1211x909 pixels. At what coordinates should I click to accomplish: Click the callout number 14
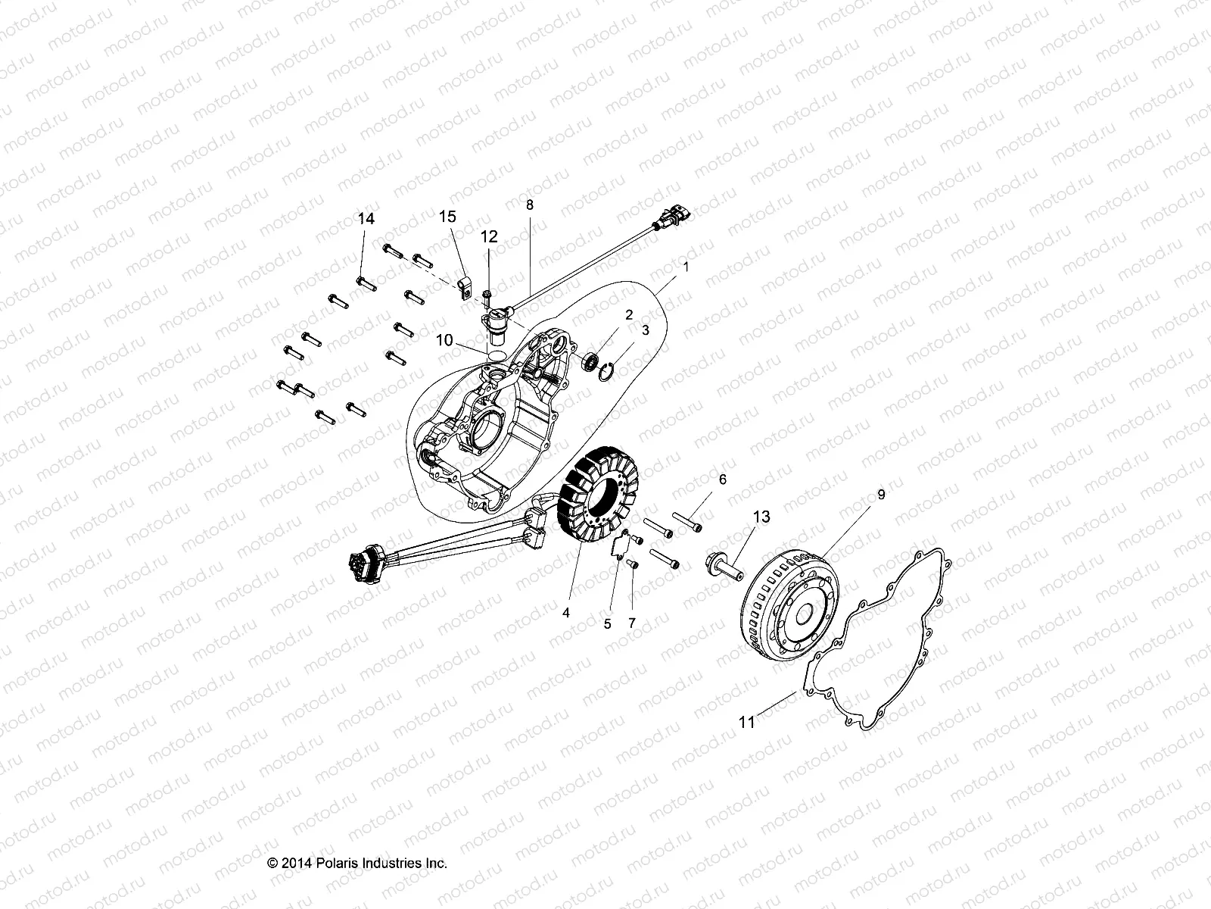click(x=366, y=219)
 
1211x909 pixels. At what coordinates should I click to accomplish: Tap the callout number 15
click(x=447, y=217)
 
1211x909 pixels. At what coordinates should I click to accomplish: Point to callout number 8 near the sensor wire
click(x=530, y=205)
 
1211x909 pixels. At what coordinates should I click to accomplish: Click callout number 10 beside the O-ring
click(x=444, y=341)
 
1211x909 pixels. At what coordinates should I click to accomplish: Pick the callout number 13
click(x=761, y=517)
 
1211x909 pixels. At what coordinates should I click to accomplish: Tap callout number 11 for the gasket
click(x=747, y=723)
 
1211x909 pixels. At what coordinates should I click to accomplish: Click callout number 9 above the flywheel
click(x=860, y=494)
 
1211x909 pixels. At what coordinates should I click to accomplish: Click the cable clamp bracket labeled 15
click(x=468, y=289)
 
